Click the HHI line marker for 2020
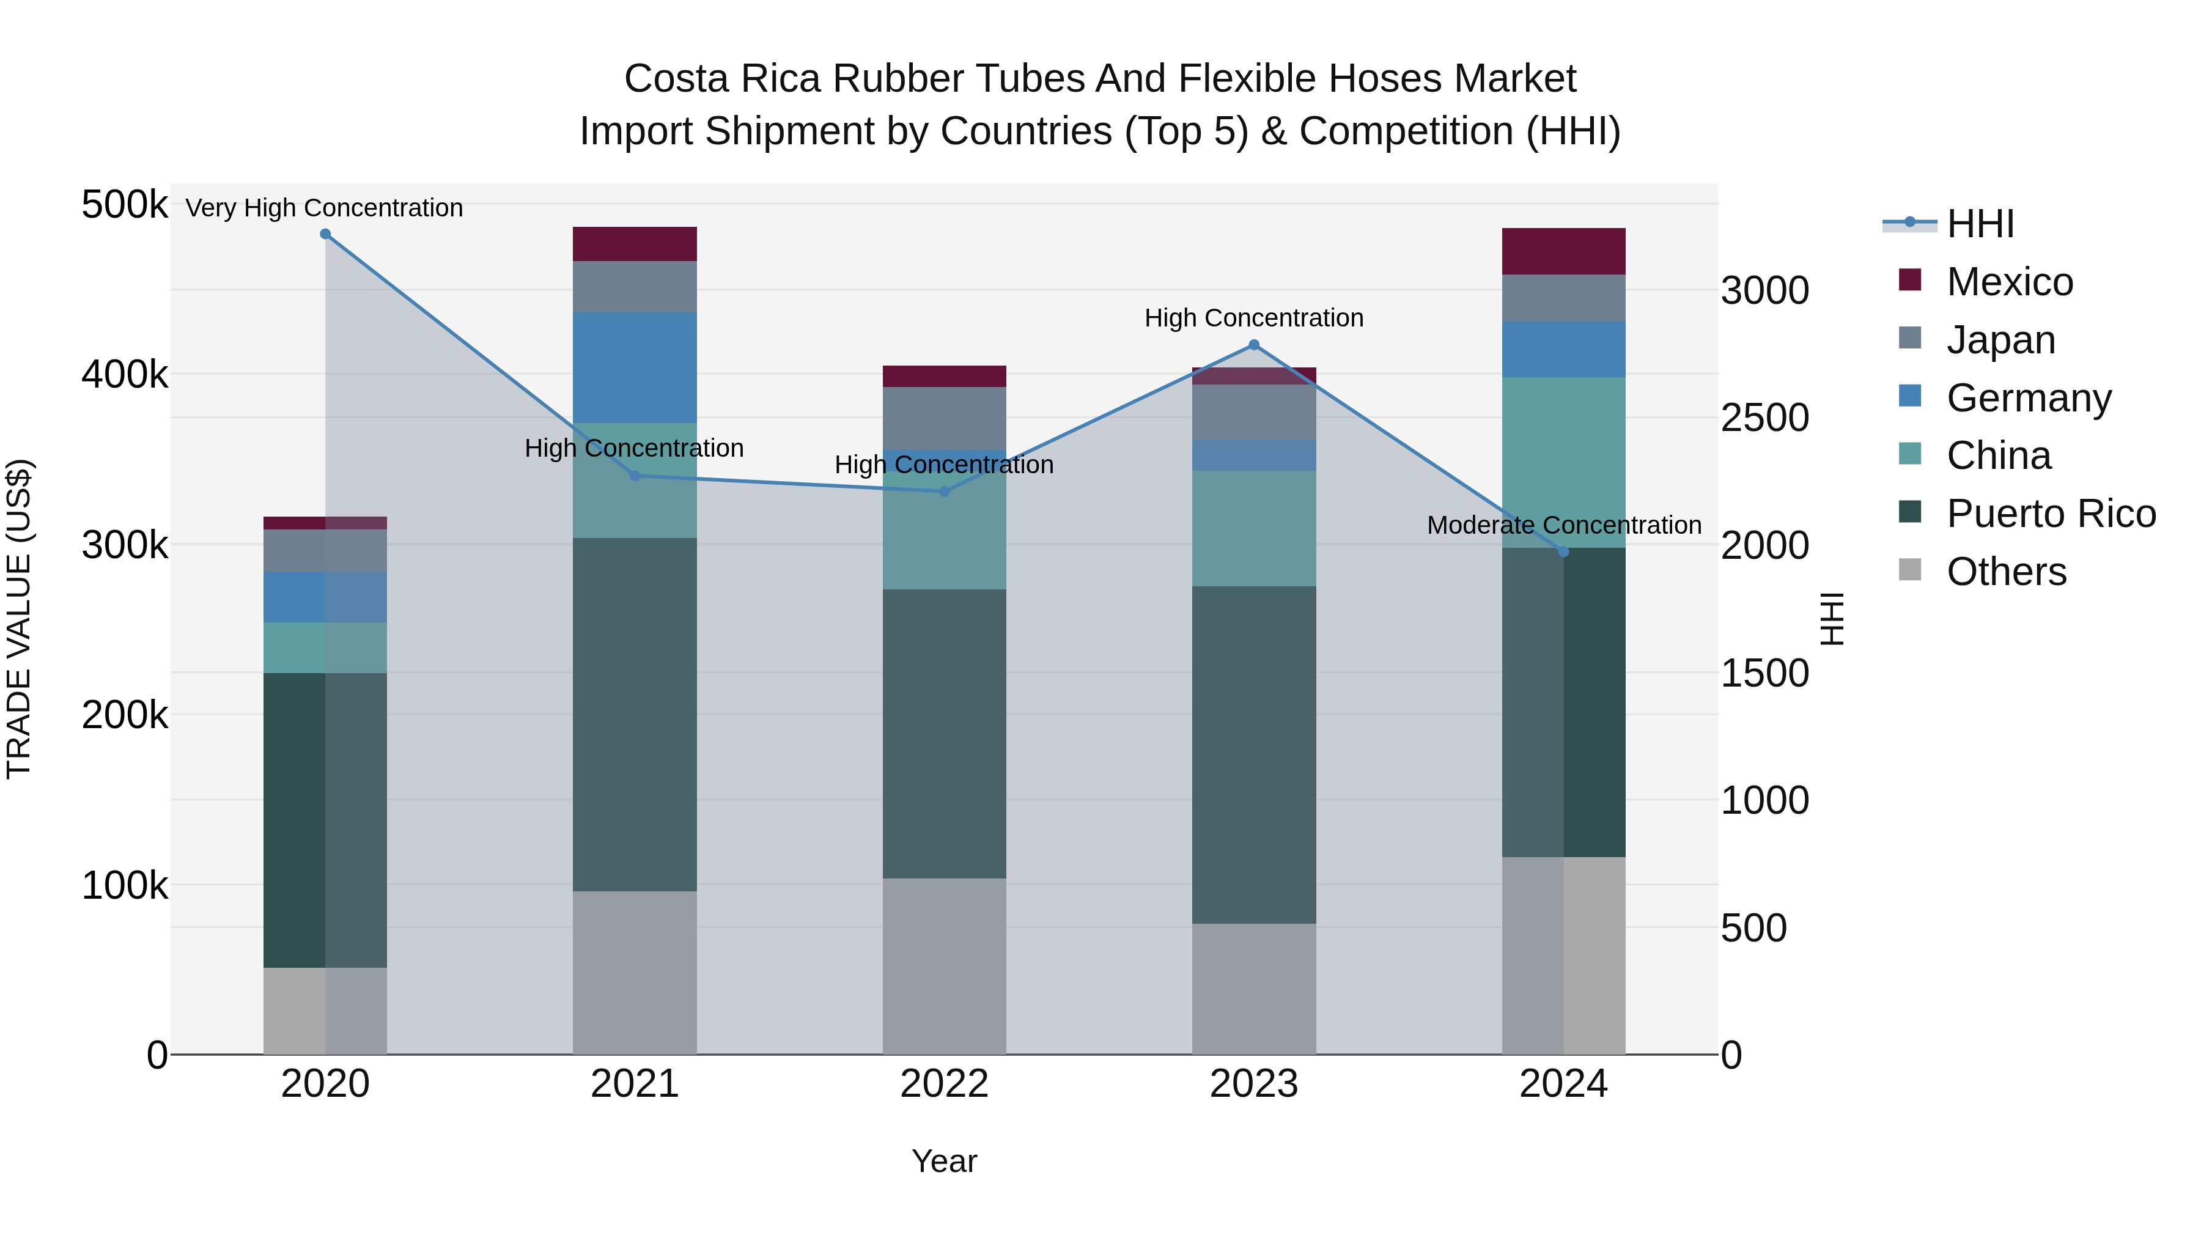click(325, 234)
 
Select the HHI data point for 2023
click(1253, 345)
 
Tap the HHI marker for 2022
click(944, 492)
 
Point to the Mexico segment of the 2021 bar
click(634, 245)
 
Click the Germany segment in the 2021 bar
click(634, 367)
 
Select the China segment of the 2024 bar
click(1563, 462)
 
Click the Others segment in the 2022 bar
click(944, 965)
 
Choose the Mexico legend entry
click(2009, 282)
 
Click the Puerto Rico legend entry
click(2051, 514)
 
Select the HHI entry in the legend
click(1980, 224)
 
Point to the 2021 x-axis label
click(634, 1084)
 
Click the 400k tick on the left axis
click(125, 374)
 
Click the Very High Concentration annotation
click(324, 208)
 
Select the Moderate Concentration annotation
click(1563, 525)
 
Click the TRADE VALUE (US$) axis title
click(19, 619)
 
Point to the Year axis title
click(944, 1161)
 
